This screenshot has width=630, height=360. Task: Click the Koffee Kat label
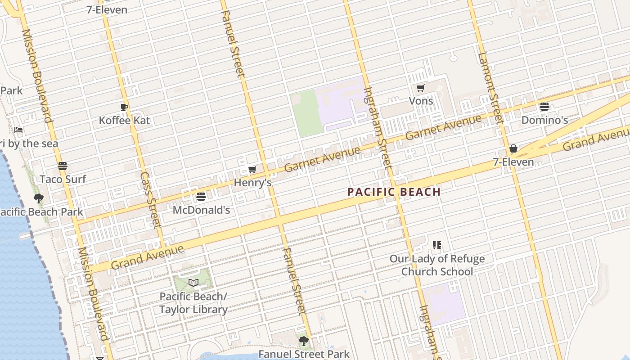pos(125,121)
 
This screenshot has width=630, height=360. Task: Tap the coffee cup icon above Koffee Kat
pos(124,107)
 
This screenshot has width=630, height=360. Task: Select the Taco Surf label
pos(63,179)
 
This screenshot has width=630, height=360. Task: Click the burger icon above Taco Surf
pos(63,166)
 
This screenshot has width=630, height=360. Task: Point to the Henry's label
pos(252,183)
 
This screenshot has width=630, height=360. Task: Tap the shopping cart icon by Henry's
pos(252,170)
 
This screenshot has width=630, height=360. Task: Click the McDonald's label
pos(201,210)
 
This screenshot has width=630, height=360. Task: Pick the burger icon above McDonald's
pos(201,197)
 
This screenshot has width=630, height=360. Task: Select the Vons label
pos(421,101)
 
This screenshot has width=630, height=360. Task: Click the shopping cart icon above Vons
pos(420,88)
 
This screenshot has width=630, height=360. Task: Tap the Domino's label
pos(544,120)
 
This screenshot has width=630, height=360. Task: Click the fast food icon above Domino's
pos(544,107)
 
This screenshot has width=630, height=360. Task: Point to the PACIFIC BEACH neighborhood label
pos(394,192)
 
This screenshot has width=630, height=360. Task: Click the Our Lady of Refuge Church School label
pos(437,265)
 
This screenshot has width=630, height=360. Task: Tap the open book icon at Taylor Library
pos(193,283)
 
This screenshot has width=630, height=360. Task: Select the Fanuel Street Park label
pos(304,354)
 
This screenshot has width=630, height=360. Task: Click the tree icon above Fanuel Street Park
pos(304,341)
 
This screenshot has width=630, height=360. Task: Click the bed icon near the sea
pos(18,130)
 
